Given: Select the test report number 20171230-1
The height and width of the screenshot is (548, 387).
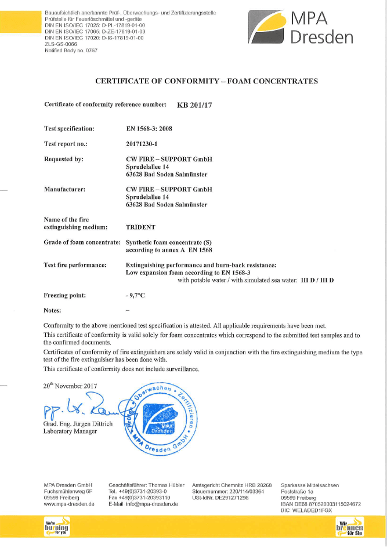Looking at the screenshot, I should tap(147, 144).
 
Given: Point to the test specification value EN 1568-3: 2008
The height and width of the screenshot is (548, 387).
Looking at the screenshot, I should tap(154, 129).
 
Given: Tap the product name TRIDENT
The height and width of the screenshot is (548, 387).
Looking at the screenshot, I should tap(141, 228).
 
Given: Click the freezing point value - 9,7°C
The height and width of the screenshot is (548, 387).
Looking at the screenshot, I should tap(135, 295).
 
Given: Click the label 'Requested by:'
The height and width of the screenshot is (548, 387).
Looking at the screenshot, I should tap(64, 159).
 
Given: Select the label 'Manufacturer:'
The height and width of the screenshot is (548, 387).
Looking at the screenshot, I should tap(65, 189).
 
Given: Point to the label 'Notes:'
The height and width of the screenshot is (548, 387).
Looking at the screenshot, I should tap(53, 310).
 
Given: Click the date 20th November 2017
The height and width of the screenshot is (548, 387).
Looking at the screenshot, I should tap(70, 386).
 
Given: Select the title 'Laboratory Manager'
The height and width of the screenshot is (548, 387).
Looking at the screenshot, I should tap(71, 431).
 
